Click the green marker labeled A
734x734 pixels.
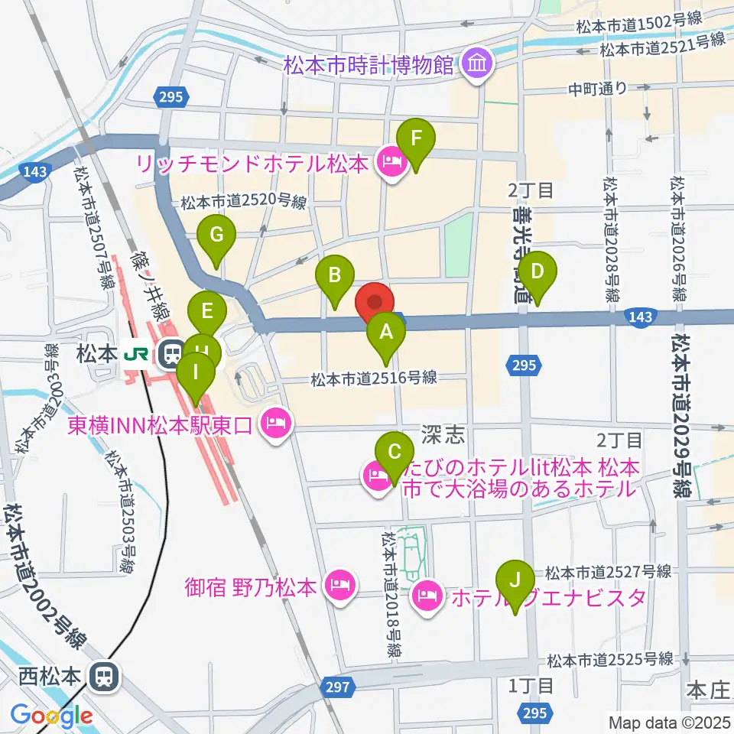[x=386, y=333]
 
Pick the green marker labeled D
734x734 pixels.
[x=538, y=271]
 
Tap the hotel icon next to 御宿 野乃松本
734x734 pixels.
[x=336, y=587]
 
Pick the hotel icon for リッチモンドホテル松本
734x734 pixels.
[x=390, y=163]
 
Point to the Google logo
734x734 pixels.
[x=52, y=716]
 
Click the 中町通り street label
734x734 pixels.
[x=597, y=88]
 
